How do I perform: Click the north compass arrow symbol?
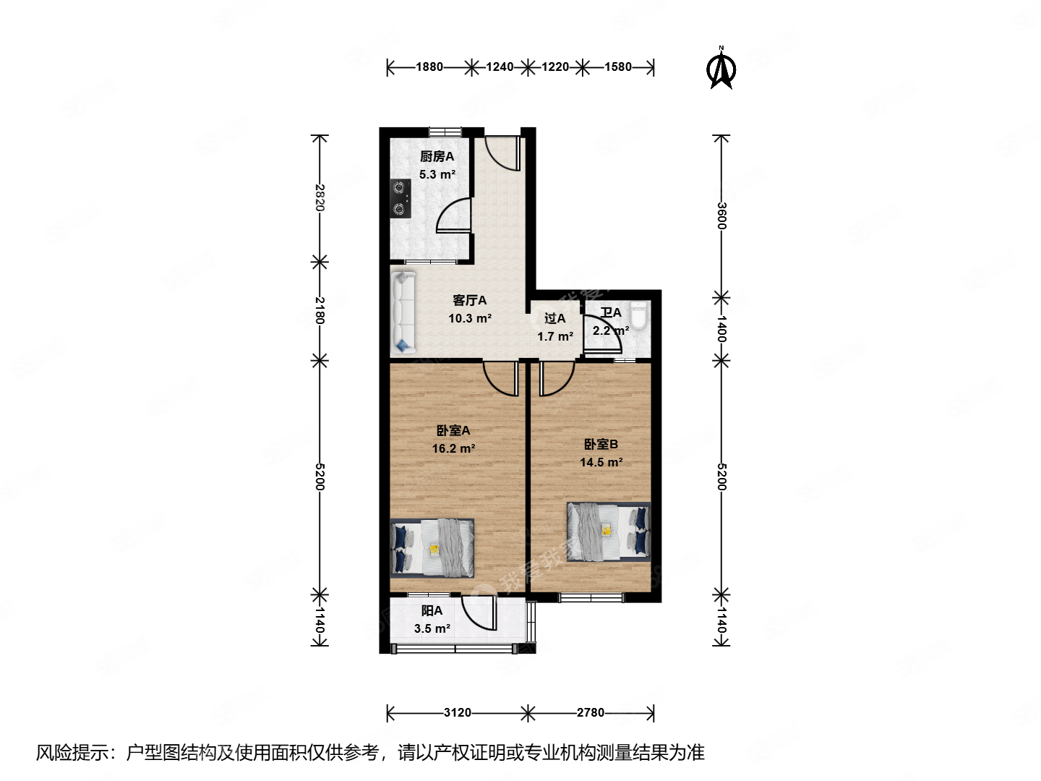[721, 69]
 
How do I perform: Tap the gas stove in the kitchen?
[400, 199]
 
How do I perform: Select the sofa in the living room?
[403, 312]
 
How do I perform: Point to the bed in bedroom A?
[432, 547]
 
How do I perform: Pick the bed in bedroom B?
[608, 532]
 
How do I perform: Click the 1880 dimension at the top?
[429, 67]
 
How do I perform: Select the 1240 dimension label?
[500, 67]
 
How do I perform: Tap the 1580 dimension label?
[618, 67]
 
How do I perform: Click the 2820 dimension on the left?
[320, 197]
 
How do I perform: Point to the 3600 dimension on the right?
[721, 215]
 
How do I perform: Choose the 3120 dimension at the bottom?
[458, 713]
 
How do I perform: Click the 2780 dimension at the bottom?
[591, 713]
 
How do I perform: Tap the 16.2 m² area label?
[453, 448]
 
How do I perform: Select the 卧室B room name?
[601, 444]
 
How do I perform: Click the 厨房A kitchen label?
[437, 156]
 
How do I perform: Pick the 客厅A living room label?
[470, 300]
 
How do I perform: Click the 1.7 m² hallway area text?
[555, 336]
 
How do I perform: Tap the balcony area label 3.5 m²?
[432, 628]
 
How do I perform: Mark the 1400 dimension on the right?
[721, 329]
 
